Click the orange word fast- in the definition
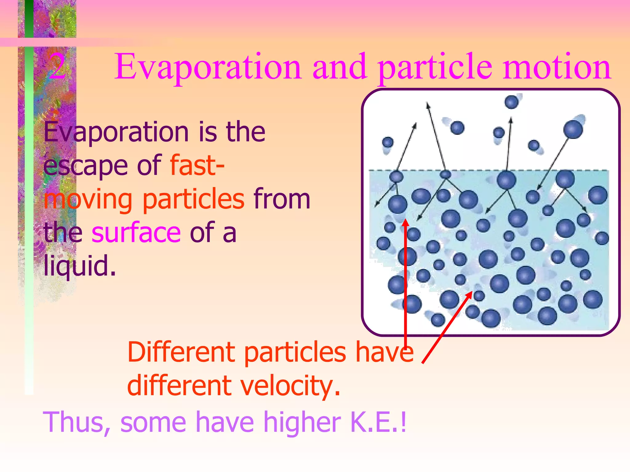pyautogui.click(x=197, y=166)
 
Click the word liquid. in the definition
pyautogui.click(x=79, y=265)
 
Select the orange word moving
pyautogui.click(x=88, y=200)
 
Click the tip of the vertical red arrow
pyautogui.click(x=406, y=220)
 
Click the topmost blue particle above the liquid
pyautogui.click(x=512, y=102)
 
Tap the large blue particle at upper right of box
pyautogui.click(x=573, y=129)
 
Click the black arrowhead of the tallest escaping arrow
pyautogui.click(x=427, y=105)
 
